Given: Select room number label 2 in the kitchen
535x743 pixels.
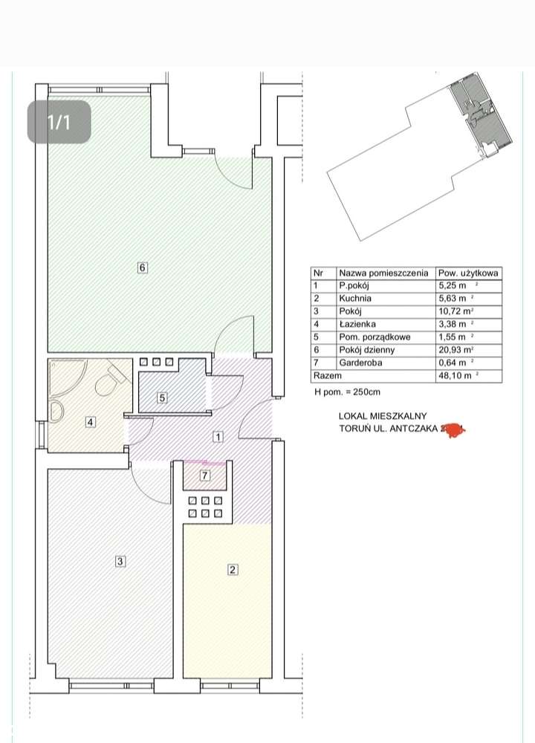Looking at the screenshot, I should tap(233, 570).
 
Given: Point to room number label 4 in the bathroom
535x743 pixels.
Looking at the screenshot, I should tap(90, 423).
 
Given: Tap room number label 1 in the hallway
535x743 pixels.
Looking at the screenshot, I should tap(218, 437).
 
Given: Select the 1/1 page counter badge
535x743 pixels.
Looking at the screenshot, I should tap(59, 122).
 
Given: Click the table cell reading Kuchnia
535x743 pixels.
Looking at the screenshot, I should tap(354, 298).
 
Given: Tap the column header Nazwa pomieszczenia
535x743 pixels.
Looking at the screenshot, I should tap(383, 272).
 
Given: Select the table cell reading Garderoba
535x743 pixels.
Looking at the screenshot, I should tap(360, 363).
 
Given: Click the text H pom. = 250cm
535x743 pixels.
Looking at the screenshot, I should tap(348, 392).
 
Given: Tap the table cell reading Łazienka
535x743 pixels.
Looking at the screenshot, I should tap(357, 324).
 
